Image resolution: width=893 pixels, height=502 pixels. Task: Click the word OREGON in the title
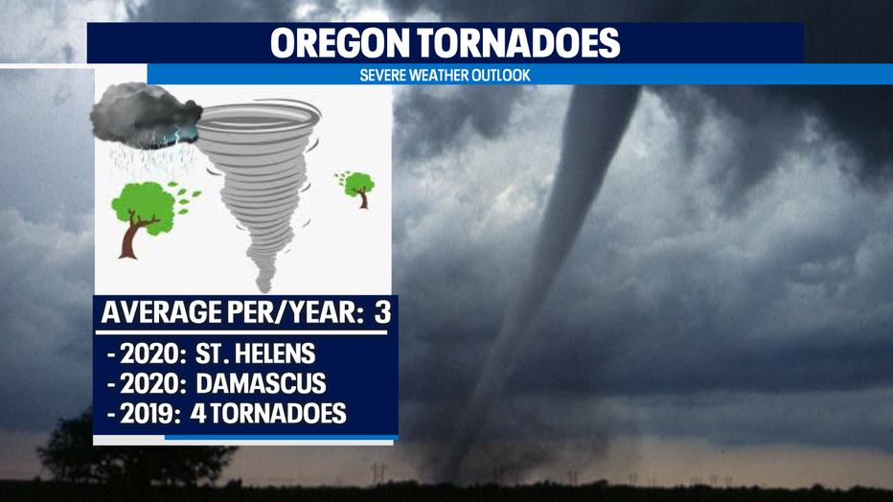(340, 43)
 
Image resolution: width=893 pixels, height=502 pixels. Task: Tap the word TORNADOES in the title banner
(518, 43)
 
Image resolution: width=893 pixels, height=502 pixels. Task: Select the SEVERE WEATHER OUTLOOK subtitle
(445, 75)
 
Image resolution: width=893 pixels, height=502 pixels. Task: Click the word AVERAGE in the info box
(162, 312)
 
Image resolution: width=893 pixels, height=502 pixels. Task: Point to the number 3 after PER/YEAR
(382, 312)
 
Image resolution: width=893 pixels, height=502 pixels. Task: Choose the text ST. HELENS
(255, 354)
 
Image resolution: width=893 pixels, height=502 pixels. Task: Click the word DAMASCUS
(261, 383)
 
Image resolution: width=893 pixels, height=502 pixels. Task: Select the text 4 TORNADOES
(268, 414)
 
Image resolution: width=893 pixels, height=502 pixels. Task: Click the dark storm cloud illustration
(144, 116)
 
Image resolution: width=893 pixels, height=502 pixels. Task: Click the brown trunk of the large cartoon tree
(132, 237)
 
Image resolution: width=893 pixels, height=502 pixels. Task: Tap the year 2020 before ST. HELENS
(150, 354)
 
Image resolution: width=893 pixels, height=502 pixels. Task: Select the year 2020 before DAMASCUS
(150, 383)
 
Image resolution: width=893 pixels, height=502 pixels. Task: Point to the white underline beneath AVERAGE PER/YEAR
(241, 332)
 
